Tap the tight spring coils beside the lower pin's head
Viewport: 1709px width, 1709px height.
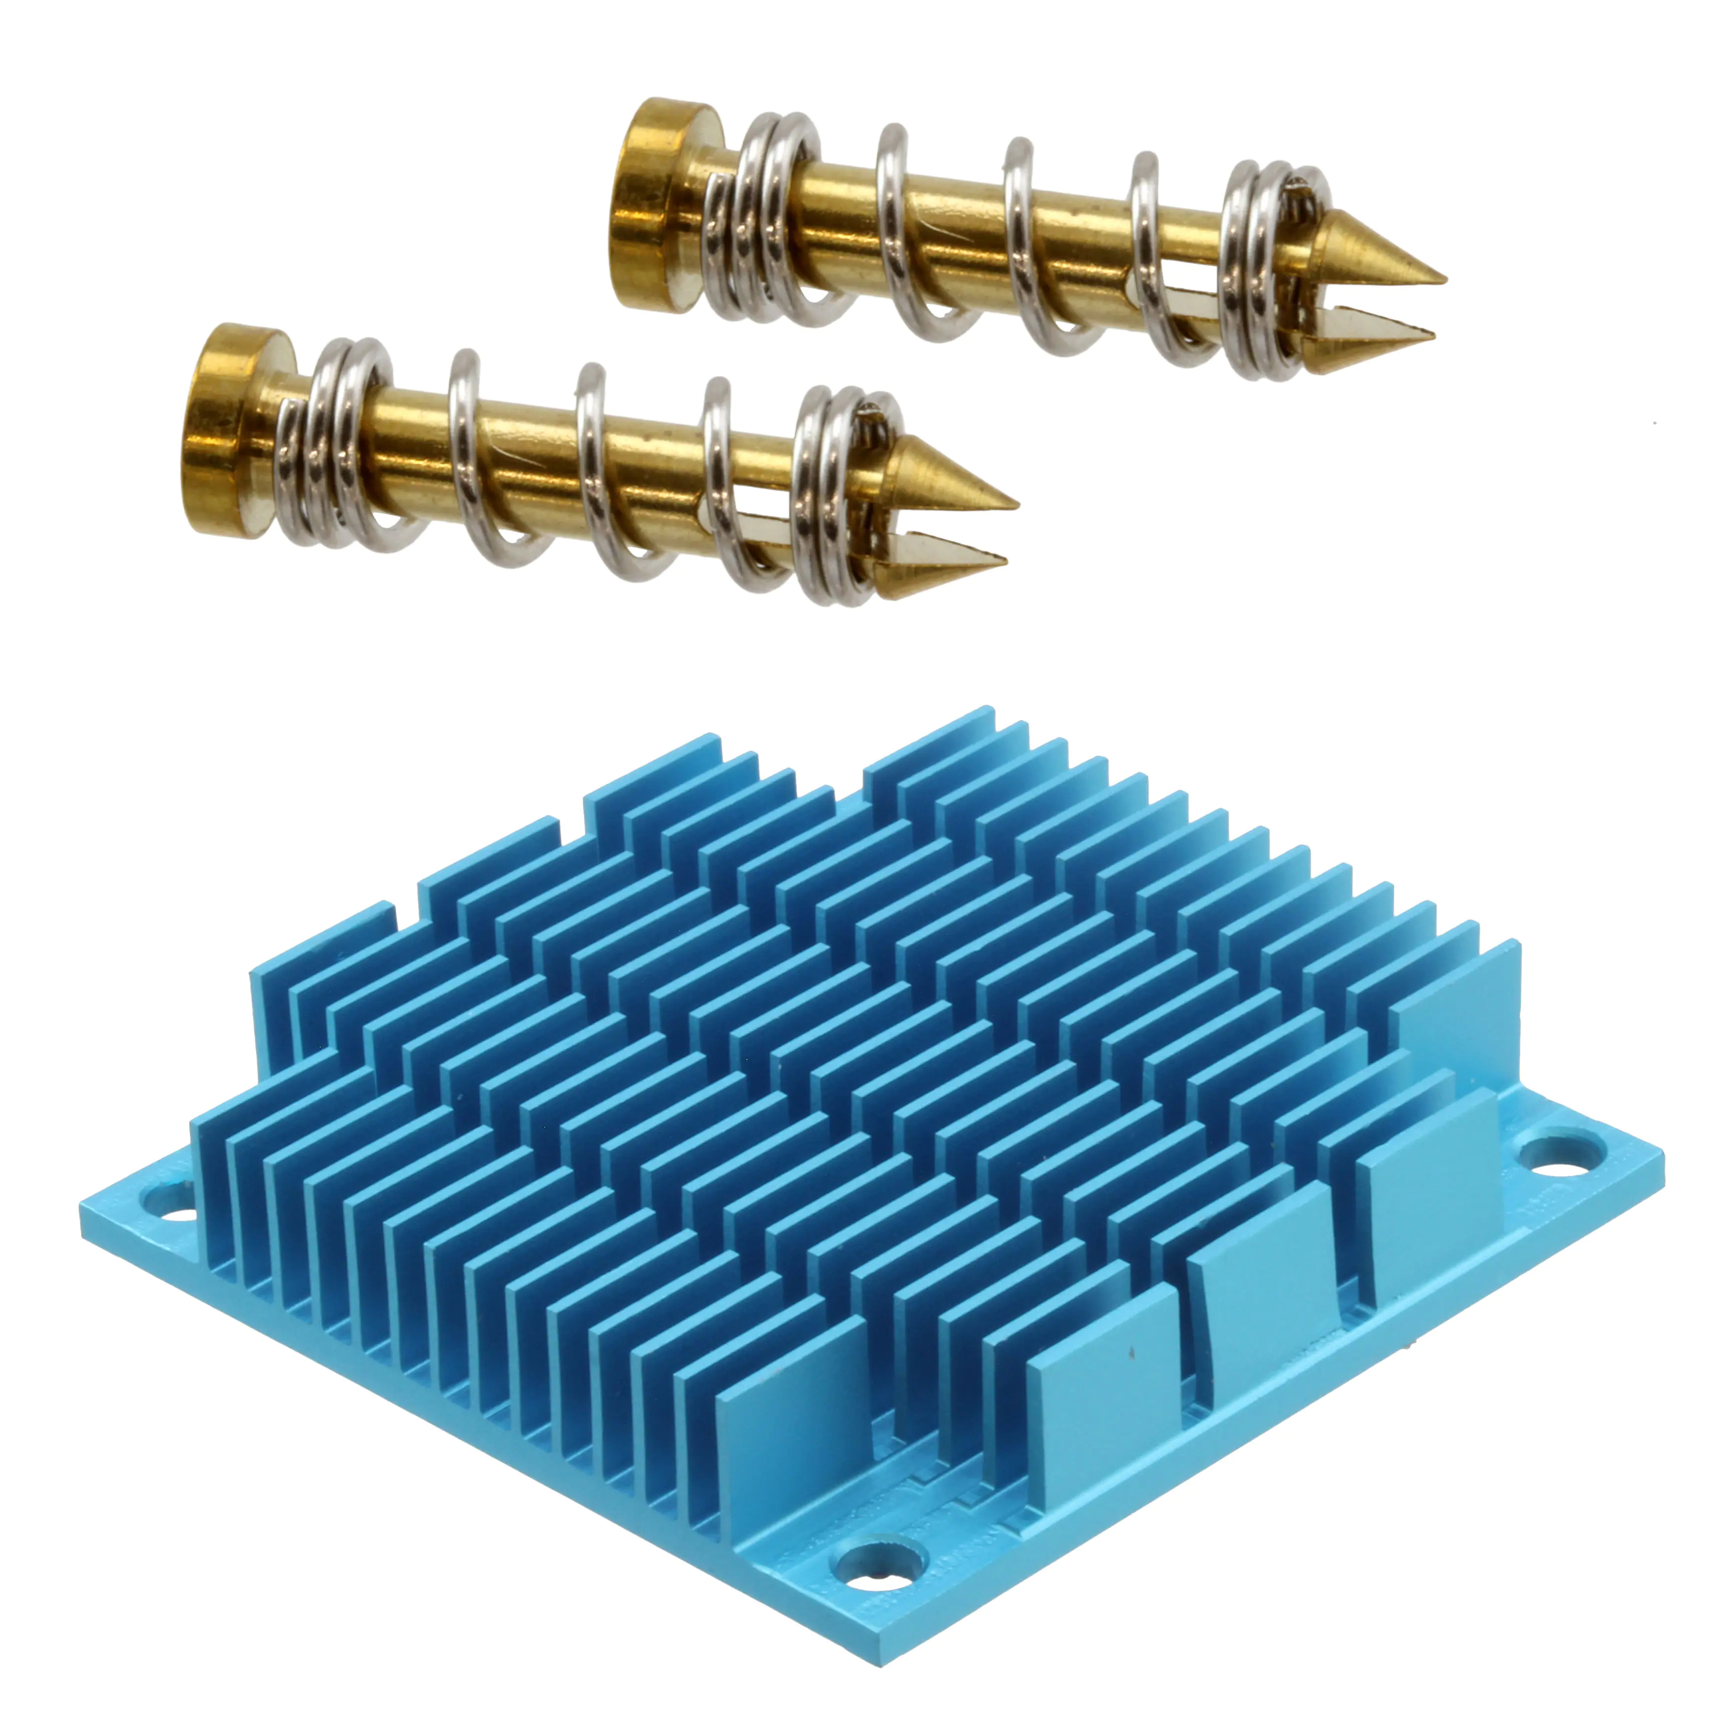(x=341, y=442)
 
